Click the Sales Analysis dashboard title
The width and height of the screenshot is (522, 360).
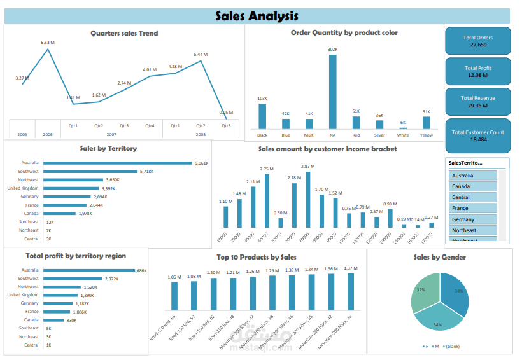[257, 16]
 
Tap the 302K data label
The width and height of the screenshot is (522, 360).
[332, 49]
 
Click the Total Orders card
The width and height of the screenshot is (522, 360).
[477, 41]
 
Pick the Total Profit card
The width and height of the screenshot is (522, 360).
[477, 71]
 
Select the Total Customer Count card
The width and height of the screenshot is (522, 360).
[477, 135]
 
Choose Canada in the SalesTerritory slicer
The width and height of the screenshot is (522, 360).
[472, 186]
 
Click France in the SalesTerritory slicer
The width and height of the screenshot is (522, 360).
[472, 208]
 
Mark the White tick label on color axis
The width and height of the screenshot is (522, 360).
[402, 135]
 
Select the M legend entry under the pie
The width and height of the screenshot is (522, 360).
[437, 346]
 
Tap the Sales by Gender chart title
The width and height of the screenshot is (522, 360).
[439, 257]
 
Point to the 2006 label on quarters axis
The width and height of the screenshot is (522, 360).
[48, 135]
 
